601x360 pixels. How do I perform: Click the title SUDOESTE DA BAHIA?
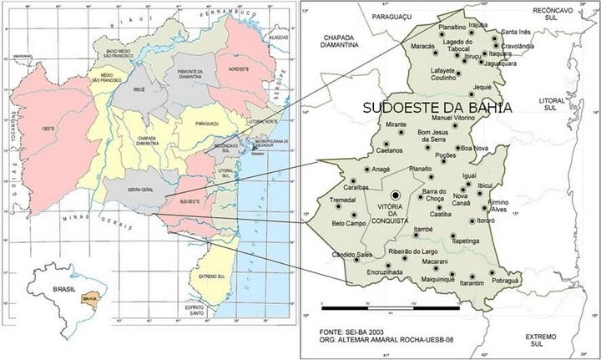(x=437, y=108)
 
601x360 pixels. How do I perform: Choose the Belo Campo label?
(x=350, y=224)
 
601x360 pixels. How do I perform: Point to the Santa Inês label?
(x=515, y=32)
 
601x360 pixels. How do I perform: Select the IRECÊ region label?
(x=139, y=86)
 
